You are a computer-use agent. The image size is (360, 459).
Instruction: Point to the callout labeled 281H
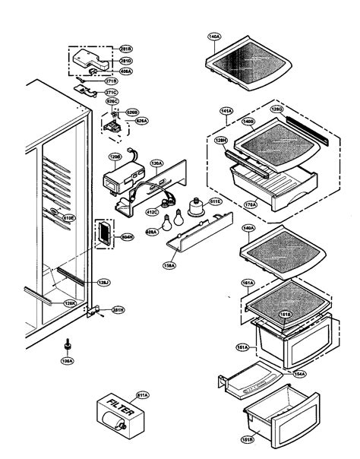coord(118,309)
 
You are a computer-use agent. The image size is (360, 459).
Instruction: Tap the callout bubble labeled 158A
coord(169,265)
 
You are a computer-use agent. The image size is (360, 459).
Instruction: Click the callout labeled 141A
coord(226,111)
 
